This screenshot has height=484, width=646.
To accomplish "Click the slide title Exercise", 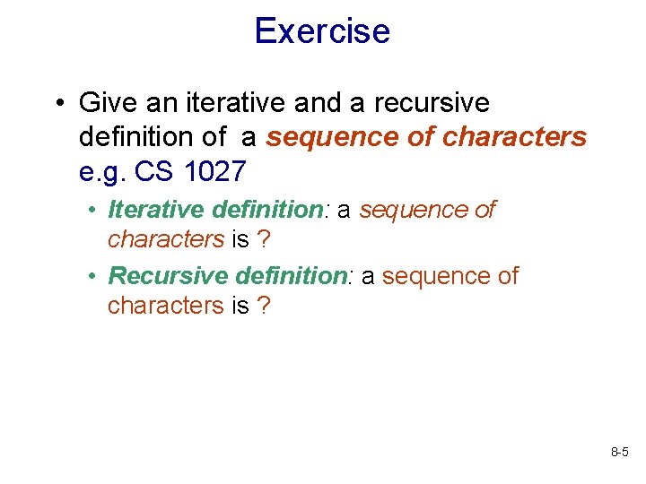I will [x=322, y=31].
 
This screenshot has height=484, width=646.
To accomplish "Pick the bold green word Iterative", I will [x=156, y=210].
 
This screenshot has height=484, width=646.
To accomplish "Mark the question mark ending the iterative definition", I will [x=264, y=239].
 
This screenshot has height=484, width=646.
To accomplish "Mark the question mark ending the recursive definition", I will [x=263, y=306].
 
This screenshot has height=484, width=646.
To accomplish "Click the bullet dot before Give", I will [x=57, y=104].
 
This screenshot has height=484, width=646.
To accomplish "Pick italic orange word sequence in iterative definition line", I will [x=415, y=210].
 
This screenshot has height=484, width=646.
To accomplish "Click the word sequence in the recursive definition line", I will [x=437, y=276].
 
